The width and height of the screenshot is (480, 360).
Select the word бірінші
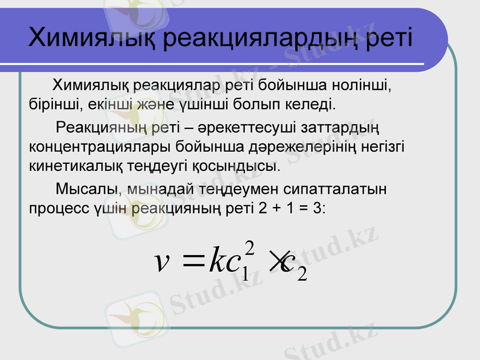coord(53,106)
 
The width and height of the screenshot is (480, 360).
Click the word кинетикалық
coord(70,165)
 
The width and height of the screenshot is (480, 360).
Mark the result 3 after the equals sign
coord(316,209)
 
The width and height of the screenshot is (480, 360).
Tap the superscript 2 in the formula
coord(251,247)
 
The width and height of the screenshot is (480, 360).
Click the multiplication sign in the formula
coord(278,262)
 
